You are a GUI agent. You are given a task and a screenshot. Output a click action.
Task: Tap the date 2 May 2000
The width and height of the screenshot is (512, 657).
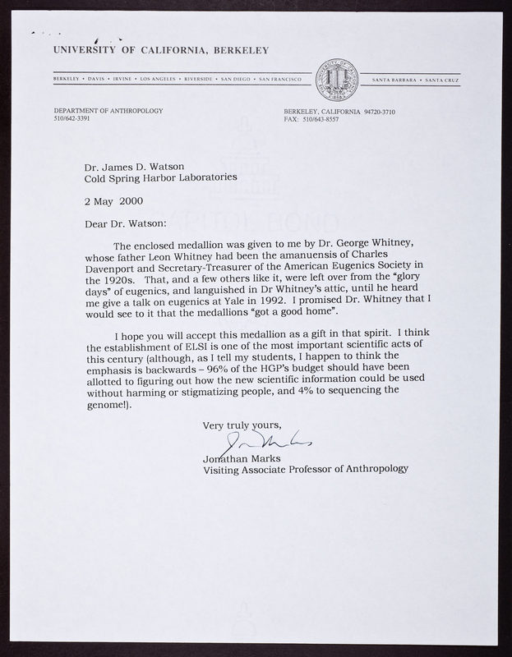point(113,200)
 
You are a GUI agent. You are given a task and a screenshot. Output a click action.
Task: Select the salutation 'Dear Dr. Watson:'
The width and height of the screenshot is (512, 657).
point(126,223)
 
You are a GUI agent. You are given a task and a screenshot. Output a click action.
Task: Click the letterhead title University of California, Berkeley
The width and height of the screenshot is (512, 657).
point(160,50)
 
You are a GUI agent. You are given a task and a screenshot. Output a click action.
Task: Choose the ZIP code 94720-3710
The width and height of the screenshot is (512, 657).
point(384,110)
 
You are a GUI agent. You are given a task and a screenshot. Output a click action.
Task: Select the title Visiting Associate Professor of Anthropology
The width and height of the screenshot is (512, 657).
point(306,470)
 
